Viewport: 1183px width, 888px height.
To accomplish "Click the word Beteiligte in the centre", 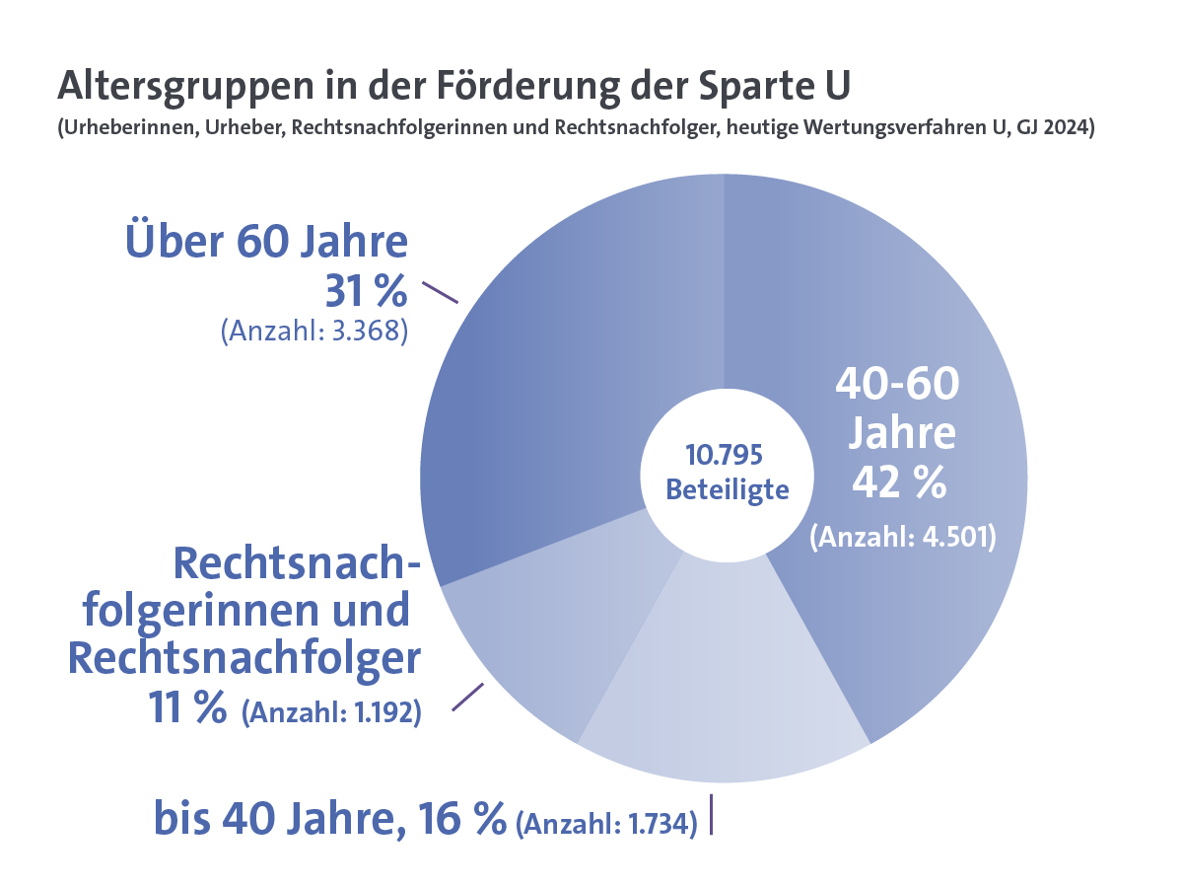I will click(728, 489).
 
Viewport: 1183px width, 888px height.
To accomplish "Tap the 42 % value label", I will click(899, 482).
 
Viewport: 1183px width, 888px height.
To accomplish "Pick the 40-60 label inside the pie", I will click(896, 384).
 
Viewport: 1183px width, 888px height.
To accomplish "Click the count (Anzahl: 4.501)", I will click(903, 538).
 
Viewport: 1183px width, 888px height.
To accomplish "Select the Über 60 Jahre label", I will click(266, 242).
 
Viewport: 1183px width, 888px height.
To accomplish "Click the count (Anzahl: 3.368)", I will click(314, 331).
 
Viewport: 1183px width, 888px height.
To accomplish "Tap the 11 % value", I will click(187, 707).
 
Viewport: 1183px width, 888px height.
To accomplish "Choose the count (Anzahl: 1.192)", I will click(331, 711).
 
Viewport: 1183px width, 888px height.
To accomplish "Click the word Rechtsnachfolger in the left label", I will click(244, 658).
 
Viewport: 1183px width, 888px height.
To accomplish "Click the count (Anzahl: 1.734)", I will click(606, 822).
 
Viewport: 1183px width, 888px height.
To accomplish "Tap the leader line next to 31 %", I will click(440, 292).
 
